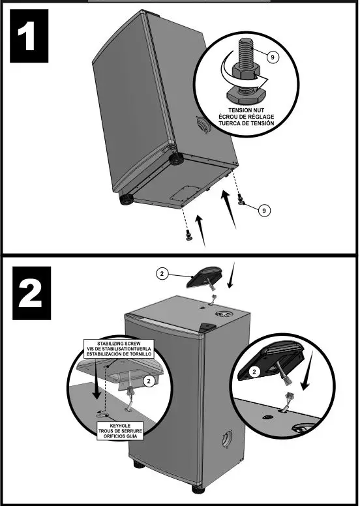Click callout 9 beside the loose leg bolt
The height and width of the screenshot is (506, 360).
point(263,210)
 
